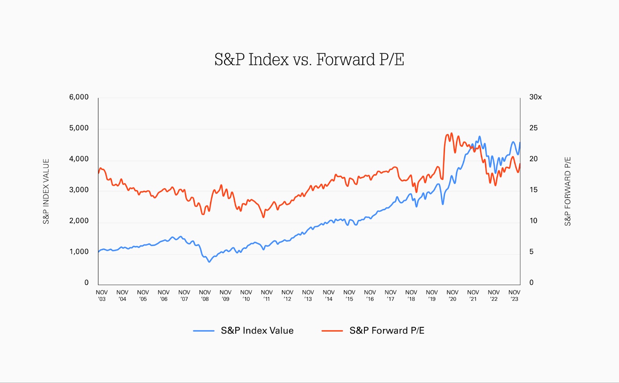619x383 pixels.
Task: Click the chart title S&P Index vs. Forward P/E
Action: point(309,60)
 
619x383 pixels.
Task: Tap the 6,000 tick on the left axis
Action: point(79,97)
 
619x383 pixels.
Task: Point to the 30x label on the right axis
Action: point(535,97)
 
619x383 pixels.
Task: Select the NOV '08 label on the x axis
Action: point(205,296)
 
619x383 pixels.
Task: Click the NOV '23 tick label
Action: point(514,296)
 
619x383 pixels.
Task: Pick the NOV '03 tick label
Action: point(102,296)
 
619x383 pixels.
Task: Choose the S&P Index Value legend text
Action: point(257,330)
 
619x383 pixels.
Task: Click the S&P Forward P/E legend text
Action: point(387,330)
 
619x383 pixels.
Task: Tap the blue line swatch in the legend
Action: point(204,331)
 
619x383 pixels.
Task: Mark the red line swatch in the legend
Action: point(332,331)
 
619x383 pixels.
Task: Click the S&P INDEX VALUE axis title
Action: point(46,191)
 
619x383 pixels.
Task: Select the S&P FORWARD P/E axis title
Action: point(568,191)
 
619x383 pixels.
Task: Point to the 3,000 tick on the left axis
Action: point(79,190)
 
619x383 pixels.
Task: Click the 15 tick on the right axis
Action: point(534,190)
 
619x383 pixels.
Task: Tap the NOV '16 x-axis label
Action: point(370,296)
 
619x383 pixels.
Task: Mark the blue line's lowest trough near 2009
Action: point(209,262)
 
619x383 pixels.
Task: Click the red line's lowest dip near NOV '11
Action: point(263,217)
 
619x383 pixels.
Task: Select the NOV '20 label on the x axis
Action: point(452,296)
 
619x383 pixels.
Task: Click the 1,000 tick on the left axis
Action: point(79,252)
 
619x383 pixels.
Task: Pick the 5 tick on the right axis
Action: point(532,252)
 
